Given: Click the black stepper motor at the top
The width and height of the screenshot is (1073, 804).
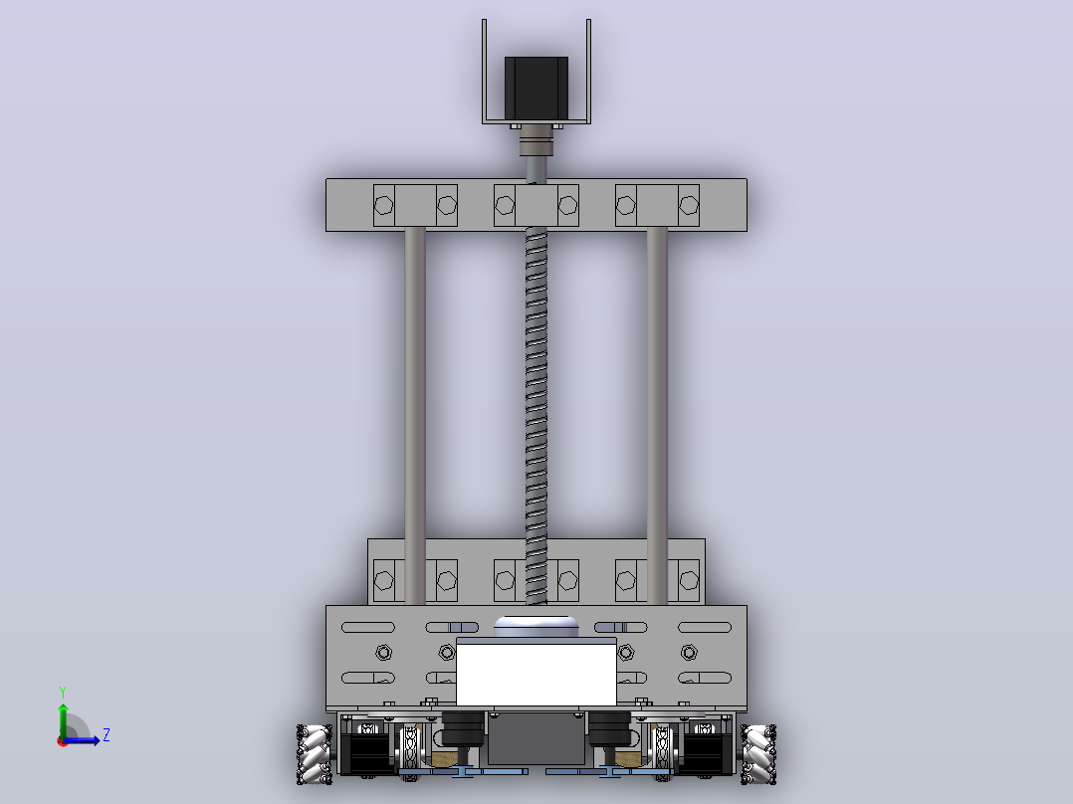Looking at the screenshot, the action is point(536,89).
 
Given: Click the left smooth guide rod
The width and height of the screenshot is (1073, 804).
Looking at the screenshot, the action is point(415,416).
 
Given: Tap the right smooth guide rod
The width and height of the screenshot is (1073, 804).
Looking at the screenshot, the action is point(657,416).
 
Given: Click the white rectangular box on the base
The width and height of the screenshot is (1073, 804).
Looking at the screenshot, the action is point(536,674).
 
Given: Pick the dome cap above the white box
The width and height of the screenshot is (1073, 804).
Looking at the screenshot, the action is point(536,626).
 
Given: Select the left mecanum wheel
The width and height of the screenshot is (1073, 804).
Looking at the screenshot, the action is point(315,754).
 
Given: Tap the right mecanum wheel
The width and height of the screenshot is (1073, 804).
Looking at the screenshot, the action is point(758,754).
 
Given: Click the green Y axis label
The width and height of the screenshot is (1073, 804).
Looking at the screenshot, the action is point(63,692).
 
